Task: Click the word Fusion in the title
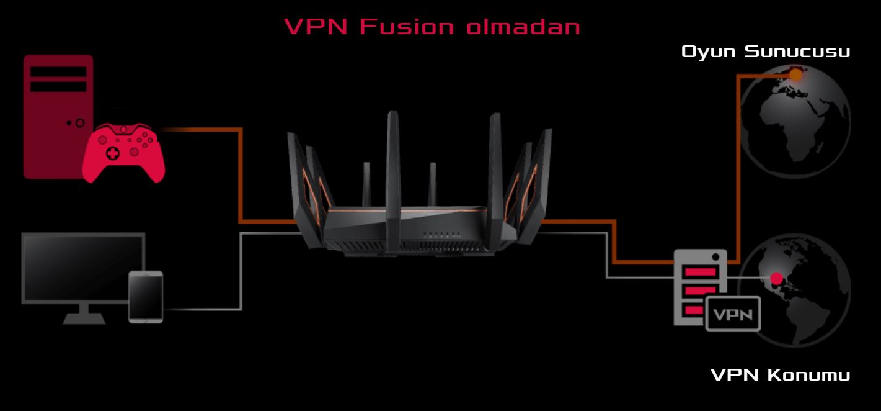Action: tap(407, 26)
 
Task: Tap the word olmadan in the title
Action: tap(523, 26)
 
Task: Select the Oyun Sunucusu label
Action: tap(765, 52)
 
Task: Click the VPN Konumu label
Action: tap(781, 374)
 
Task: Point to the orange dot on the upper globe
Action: tap(795, 75)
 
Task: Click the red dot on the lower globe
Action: tap(776, 279)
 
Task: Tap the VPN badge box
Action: tap(733, 314)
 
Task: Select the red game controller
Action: tap(123, 153)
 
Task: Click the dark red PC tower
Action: tap(58, 117)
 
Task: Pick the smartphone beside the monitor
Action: tap(146, 297)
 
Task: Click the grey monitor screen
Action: tap(83, 268)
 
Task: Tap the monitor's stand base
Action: tap(84, 318)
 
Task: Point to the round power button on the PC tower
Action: tap(80, 123)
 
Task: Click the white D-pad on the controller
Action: tap(112, 153)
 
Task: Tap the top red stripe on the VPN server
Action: tap(700, 272)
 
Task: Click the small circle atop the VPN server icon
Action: tap(715, 257)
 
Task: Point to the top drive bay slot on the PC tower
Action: tap(58, 71)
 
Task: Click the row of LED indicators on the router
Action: tap(442, 236)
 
